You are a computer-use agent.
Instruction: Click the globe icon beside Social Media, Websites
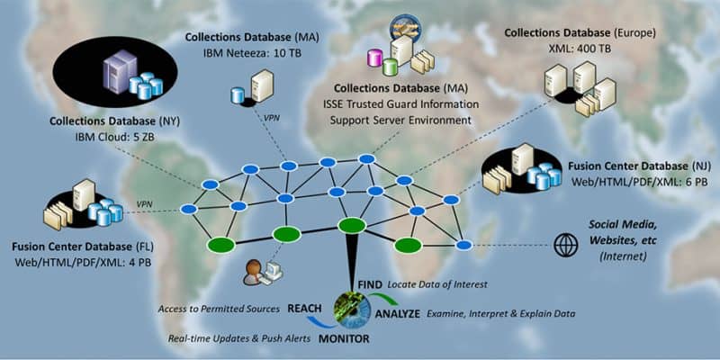click(566, 245)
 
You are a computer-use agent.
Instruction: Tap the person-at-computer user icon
click(263, 273)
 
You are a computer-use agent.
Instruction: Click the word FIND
click(370, 284)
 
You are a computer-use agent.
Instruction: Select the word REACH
click(304, 309)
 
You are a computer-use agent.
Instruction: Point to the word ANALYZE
click(398, 314)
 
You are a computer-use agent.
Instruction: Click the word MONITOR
click(344, 339)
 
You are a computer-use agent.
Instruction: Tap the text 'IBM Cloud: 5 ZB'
click(114, 138)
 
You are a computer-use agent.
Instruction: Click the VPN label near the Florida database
click(144, 204)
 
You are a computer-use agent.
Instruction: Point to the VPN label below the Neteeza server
click(272, 118)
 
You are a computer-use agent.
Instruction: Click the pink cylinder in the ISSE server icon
click(374, 58)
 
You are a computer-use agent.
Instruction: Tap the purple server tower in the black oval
click(120, 72)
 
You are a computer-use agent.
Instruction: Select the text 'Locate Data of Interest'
click(437, 284)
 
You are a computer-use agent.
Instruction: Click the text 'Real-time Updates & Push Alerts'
click(239, 339)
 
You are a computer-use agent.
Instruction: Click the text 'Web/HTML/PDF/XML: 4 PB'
click(84, 263)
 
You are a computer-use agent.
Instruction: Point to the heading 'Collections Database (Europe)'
click(580, 33)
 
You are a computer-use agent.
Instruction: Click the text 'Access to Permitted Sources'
click(219, 309)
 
